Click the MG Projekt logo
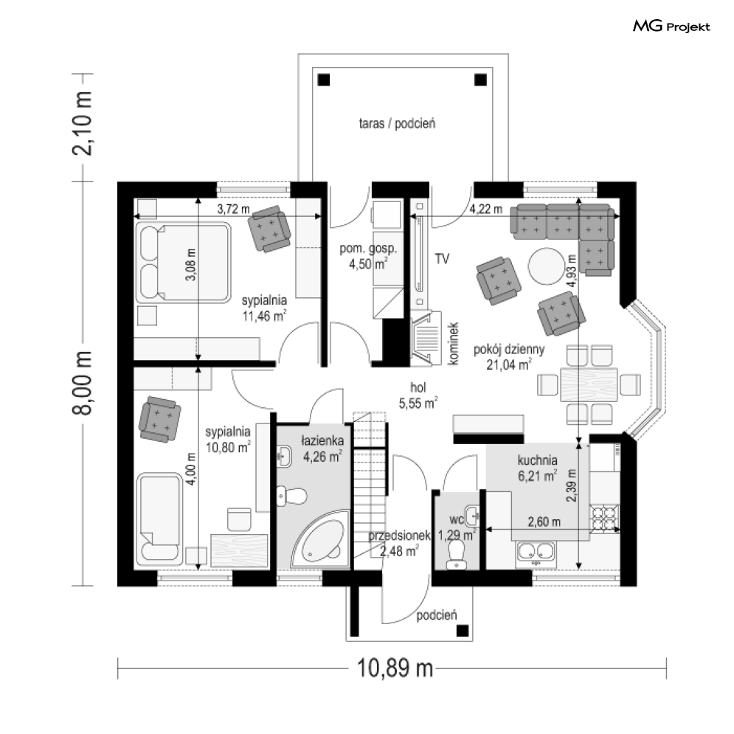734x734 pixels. [671, 27]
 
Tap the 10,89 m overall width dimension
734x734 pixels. [395, 668]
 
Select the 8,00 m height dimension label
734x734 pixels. [83, 382]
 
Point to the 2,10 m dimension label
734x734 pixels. [83, 123]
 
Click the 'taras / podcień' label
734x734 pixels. [397, 124]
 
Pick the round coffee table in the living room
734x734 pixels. [547, 266]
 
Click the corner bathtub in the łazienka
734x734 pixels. [321, 539]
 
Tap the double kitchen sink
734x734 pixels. [536, 553]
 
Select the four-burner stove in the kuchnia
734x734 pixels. [604, 519]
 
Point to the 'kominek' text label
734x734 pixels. [453, 343]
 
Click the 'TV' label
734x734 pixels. [442, 259]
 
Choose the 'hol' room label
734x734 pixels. [418, 387]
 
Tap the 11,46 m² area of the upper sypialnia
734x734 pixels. [263, 316]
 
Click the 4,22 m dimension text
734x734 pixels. [486, 209]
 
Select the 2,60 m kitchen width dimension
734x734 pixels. [544, 522]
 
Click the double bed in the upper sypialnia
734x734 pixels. [184, 263]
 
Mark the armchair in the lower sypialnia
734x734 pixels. [159, 420]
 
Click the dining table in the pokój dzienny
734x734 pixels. [589, 385]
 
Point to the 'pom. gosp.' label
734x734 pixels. [368, 249]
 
